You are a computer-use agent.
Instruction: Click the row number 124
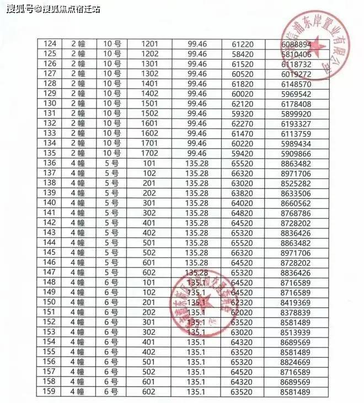coord(50,43)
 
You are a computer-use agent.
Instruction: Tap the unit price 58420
coord(242,54)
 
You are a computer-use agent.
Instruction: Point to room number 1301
coord(150,64)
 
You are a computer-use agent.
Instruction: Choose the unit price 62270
coord(242,123)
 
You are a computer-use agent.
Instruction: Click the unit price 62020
coord(242,312)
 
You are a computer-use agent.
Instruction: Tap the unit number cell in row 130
coord(112,104)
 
